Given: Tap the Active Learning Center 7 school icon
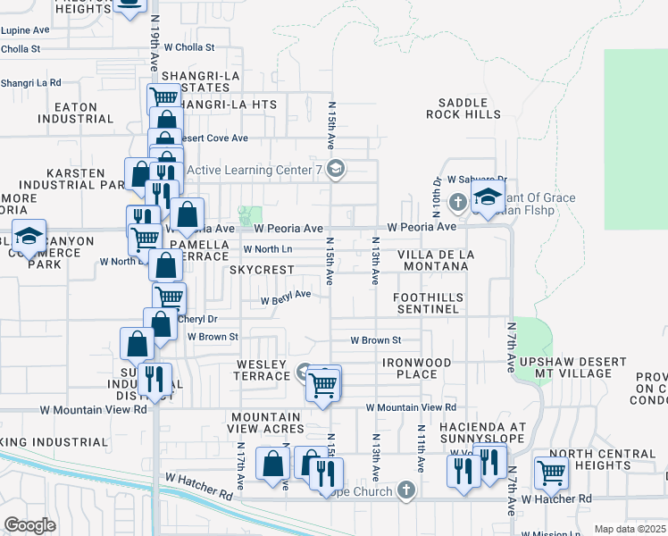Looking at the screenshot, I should [336, 169].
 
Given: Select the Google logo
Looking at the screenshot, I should [29, 524].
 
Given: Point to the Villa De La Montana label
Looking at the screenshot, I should [436, 261].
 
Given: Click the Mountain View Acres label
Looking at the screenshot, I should [265, 423].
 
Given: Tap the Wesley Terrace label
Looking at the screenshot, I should [262, 370].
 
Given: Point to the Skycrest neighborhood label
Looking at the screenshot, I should [261, 270].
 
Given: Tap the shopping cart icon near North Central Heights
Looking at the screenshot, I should [551, 473].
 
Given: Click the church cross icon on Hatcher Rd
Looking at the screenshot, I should [406, 490].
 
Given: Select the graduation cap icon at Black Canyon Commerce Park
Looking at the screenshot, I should [29, 236].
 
